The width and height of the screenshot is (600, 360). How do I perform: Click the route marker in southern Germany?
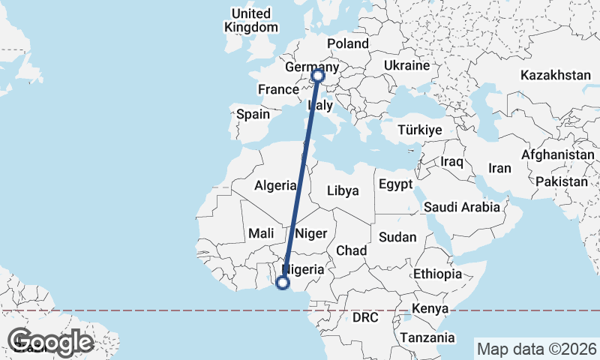tap(318, 75)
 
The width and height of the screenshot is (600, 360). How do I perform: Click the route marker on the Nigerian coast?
tap(283, 283)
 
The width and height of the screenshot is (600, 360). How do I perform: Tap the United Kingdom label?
tap(250, 20)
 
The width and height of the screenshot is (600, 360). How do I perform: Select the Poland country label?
tap(348, 44)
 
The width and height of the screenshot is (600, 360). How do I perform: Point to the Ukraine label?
tap(406, 66)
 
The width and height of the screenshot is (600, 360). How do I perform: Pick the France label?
tap(278, 89)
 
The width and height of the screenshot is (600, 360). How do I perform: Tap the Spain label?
tap(253, 115)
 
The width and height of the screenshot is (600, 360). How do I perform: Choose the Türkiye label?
tap(420, 130)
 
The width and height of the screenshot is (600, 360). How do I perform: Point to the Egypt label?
tap(395, 184)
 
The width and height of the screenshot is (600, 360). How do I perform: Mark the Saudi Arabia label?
tap(461, 206)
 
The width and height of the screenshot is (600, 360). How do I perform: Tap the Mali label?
tap(261, 233)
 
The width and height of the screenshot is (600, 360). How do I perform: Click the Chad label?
tap(351, 250)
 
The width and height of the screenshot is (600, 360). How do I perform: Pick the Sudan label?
tap(397, 237)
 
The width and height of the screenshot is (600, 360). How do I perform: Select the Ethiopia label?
tap(437, 274)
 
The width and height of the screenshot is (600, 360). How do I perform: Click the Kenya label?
tap(429, 308)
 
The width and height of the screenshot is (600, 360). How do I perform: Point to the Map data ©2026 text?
tap(536, 349)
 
